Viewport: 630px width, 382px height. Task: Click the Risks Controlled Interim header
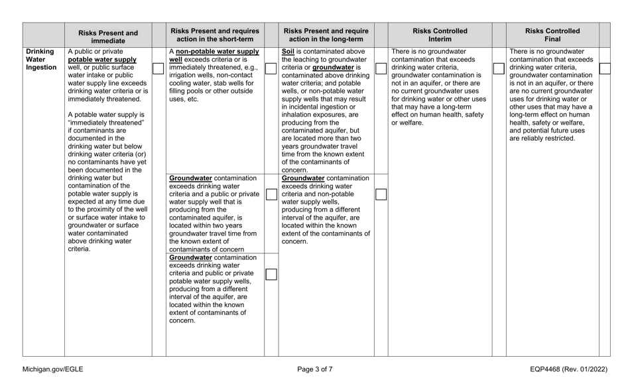[x=440, y=34]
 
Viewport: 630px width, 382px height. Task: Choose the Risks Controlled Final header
[x=552, y=34]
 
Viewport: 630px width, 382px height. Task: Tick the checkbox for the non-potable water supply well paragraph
[x=271, y=68]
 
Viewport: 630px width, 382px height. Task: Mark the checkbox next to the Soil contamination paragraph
[x=381, y=68]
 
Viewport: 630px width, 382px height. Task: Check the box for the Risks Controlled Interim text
[x=498, y=68]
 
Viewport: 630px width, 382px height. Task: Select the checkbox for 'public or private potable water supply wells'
[x=271, y=273]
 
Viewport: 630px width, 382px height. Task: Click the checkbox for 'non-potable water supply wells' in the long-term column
[x=381, y=194]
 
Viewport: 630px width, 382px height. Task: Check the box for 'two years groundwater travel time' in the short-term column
[x=271, y=194]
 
